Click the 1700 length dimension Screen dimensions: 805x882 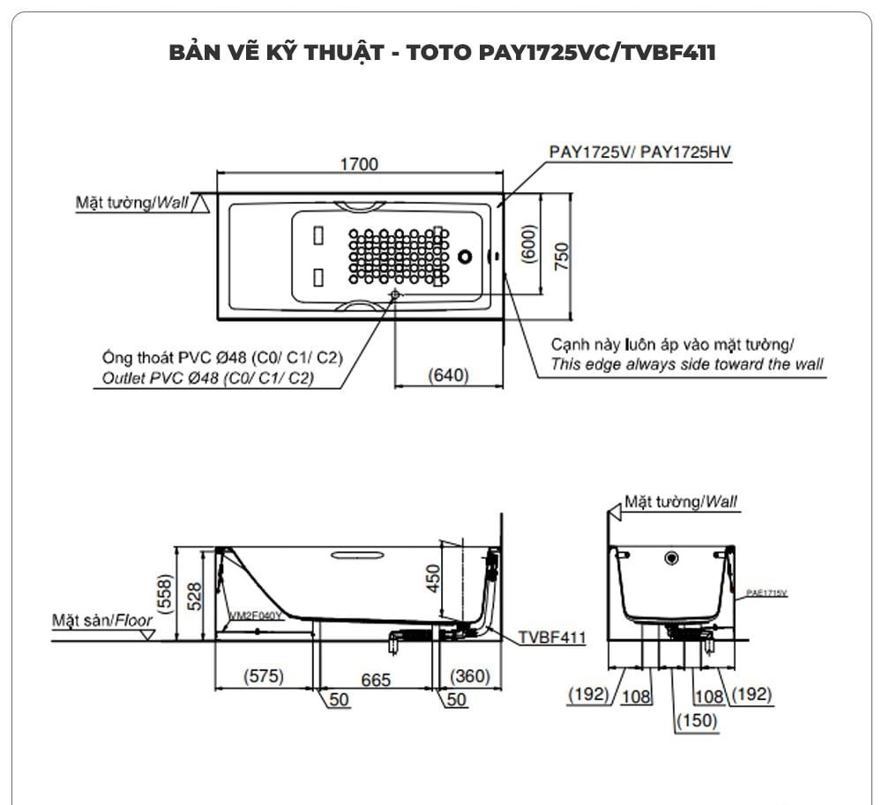pos(359,164)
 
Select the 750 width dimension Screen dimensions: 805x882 pos(561,255)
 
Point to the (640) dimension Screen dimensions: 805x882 pos(448,375)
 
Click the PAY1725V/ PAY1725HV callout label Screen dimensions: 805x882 pos(639,152)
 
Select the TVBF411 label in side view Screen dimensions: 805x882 pos(551,637)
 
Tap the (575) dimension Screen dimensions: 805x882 pos(264,676)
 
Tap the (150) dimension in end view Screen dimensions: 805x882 pos(697,719)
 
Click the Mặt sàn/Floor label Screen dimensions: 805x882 pos(102,620)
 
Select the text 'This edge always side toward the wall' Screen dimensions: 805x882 pos(686,364)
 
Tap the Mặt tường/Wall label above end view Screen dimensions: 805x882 pos(681,502)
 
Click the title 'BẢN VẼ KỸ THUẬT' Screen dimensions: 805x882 pos(274,52)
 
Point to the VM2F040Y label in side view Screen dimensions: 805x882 pos(256,615)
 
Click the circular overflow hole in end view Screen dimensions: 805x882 pos(672,557)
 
